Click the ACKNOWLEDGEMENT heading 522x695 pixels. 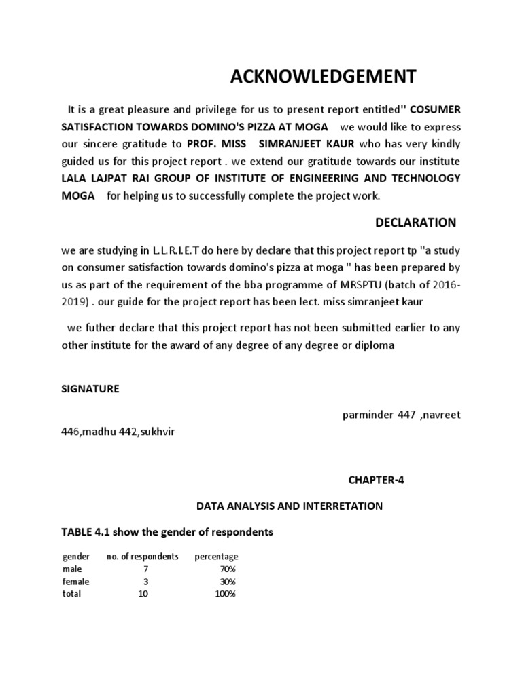point(323,77)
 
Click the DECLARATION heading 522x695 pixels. point(416,223)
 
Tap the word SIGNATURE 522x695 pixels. point(90,388)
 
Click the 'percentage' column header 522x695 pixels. point(217,557)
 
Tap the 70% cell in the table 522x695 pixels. point(228,569)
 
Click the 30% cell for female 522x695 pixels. point(228,582)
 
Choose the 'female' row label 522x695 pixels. point(76,582)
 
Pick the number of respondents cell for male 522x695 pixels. point(146,569)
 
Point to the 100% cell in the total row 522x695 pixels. point(226,594)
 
